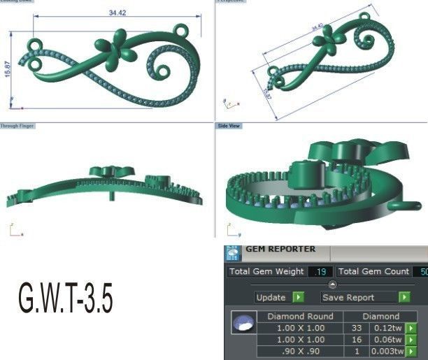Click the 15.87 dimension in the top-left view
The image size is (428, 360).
pos(7,69)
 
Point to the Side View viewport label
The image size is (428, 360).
pos(229,126)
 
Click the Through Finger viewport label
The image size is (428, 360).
pos(17,126)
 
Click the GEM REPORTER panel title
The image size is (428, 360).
pos(280,249)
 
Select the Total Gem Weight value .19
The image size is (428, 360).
pos(321,271)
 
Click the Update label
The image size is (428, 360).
pos(271,297)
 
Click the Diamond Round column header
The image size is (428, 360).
pos(296,316)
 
